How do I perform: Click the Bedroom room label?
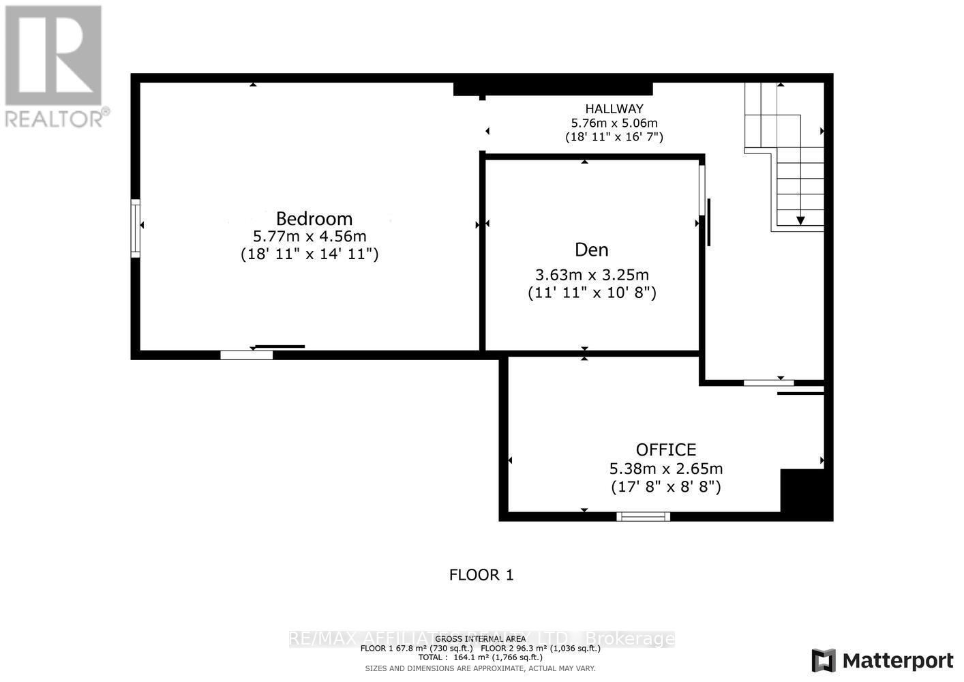pyautogui.click(x=314, y=218)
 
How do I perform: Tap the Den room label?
pyautogui.click(x=591, y=250)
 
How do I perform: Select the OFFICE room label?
pyautogui.click(x=666, y=449)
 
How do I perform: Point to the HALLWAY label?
pyautogui.click(x=614, y=108)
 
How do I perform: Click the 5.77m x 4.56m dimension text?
pyautogui.click(x=310, y=237)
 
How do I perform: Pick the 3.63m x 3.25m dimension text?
pyautogui.click(x=592, y=275)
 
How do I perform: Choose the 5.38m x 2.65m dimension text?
pyautogui.click(x=666, y=469)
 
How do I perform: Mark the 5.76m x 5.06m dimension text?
pyautogui.click(x=614, y=123)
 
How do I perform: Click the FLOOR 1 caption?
pyautogui.click(x=481, y=575)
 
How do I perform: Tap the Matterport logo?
pyautogui.click(x=883, y=660)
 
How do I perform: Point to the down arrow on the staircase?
pyautogui.click(x=800, y=220)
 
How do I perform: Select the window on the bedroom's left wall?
pyautogui.click(x=136, y=228)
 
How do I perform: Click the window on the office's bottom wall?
pyautogui.click(x=643, y=516)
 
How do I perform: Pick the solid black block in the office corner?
pyautogui.click(x=806, y=494)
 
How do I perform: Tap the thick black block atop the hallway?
pyautogui.click(x=553, y=89)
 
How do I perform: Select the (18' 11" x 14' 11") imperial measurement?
pyautogui.click(x=310, y=254)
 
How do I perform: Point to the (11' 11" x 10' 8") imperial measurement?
pyautogui.click(x=592, y=293)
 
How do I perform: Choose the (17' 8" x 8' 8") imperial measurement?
pyautogui.click(x=666, y=487)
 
